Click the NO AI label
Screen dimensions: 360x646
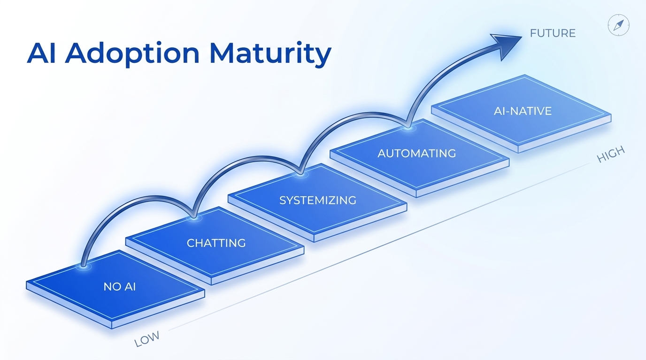coord(120,286)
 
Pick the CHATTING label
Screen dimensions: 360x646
coord(216,243)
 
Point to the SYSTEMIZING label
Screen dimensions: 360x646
coord(318,200)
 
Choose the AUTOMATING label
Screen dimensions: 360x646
coord(416,153)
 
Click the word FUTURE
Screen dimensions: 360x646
coord(553,33)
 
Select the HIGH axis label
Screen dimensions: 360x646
coord(611,155)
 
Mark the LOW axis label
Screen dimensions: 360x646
coord(147,338)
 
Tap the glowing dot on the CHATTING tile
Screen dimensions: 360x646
coord(193,218)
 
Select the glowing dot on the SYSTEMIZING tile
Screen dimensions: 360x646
coord(300,174)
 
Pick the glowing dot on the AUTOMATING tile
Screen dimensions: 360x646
coord(408,126)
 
